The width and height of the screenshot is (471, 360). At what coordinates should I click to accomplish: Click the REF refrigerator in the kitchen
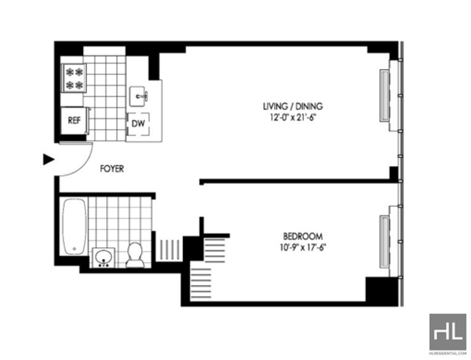point(75,121)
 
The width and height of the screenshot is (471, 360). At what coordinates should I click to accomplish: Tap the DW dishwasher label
point(138,123)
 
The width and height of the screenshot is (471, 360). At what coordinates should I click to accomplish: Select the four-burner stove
point(74,78)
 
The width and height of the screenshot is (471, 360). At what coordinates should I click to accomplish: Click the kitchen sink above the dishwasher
point(138,96)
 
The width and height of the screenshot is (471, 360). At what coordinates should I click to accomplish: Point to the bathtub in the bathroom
point(74,226)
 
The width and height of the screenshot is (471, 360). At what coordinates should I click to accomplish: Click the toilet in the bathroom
point(135,255)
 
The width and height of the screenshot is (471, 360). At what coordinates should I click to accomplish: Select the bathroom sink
point(104,257)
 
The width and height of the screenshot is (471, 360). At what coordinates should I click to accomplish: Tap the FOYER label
point(112,169)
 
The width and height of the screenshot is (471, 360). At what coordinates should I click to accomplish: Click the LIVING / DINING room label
point(293,106)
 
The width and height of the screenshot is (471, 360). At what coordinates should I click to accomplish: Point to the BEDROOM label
point(303,236)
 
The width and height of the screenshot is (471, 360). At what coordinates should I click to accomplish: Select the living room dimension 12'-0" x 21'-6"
point(293,117)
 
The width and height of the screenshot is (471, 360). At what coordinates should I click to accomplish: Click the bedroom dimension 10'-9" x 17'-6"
point(303,247)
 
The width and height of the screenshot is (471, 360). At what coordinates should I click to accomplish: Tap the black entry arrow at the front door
point(49,160)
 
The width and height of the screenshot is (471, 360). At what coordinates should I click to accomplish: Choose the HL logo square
point(447,332)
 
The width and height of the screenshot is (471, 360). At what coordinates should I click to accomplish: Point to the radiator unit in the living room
point(384,95)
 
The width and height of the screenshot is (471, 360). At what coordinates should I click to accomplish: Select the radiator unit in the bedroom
point(384,242)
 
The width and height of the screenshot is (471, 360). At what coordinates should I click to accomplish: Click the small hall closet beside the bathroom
point(170,250)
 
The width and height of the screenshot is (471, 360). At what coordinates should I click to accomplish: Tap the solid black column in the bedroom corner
point(382,290)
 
